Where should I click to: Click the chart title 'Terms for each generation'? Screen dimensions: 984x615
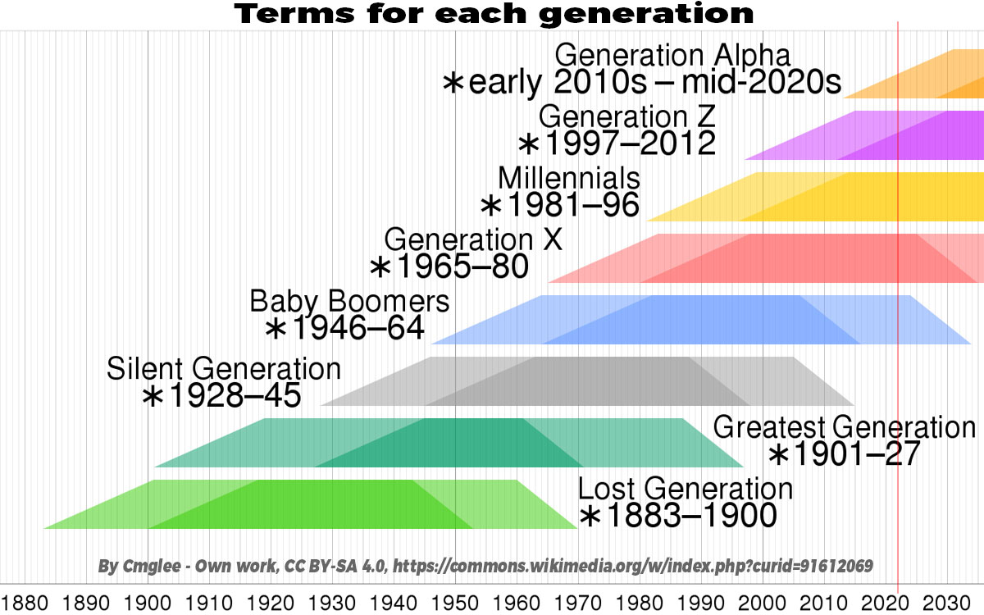click(494, 14)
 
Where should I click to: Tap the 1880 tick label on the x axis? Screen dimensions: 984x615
click(25, 604)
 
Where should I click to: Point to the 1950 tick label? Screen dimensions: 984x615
click(455, 604)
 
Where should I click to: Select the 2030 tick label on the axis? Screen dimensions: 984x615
click(947, 604)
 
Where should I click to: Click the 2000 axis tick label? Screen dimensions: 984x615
click(763, 604)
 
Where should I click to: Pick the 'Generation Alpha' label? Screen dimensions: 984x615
click(672, 56)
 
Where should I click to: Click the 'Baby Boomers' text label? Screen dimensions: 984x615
click(349, 302)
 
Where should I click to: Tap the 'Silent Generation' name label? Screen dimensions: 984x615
click(224, 368)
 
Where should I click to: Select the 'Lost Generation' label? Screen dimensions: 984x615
click(686, 489)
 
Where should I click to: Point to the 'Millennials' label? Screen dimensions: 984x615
click(569, 179)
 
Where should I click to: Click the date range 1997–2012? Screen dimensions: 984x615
click(631, 143)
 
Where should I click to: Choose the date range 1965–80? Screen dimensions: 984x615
click(462, 266)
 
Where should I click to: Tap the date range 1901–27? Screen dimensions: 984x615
click(857, 453)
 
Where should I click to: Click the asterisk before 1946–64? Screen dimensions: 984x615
click(276, 329)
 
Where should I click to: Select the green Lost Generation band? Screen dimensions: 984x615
click(310, 504)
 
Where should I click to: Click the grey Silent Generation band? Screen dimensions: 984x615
click(588, 381)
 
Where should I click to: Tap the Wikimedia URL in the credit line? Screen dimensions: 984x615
click(632, 566)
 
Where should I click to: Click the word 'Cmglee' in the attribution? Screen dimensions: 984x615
click(151, 566)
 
